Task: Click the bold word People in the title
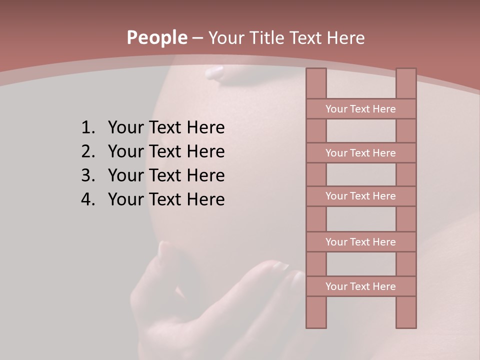tap(156, 38)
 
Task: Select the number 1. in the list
tap(88, 127)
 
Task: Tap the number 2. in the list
tap(88, 151)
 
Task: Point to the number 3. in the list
tap(88, 175)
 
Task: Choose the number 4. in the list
tap(88, 199)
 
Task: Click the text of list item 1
tap(166, 127)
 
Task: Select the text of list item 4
tap(166, 199)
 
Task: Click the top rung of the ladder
tap(361, 109)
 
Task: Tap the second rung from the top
tap(361, 153)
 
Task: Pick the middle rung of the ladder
tap(361, 196)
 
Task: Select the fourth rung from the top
tap(361, 242)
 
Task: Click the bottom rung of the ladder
tap(361, 286)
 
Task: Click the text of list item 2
tap(166, 151)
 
